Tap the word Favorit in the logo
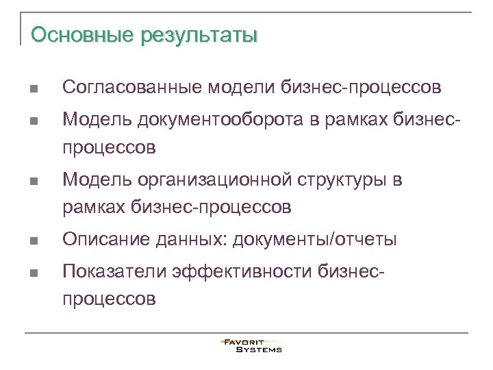point(244,341)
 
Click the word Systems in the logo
point(259,349)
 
